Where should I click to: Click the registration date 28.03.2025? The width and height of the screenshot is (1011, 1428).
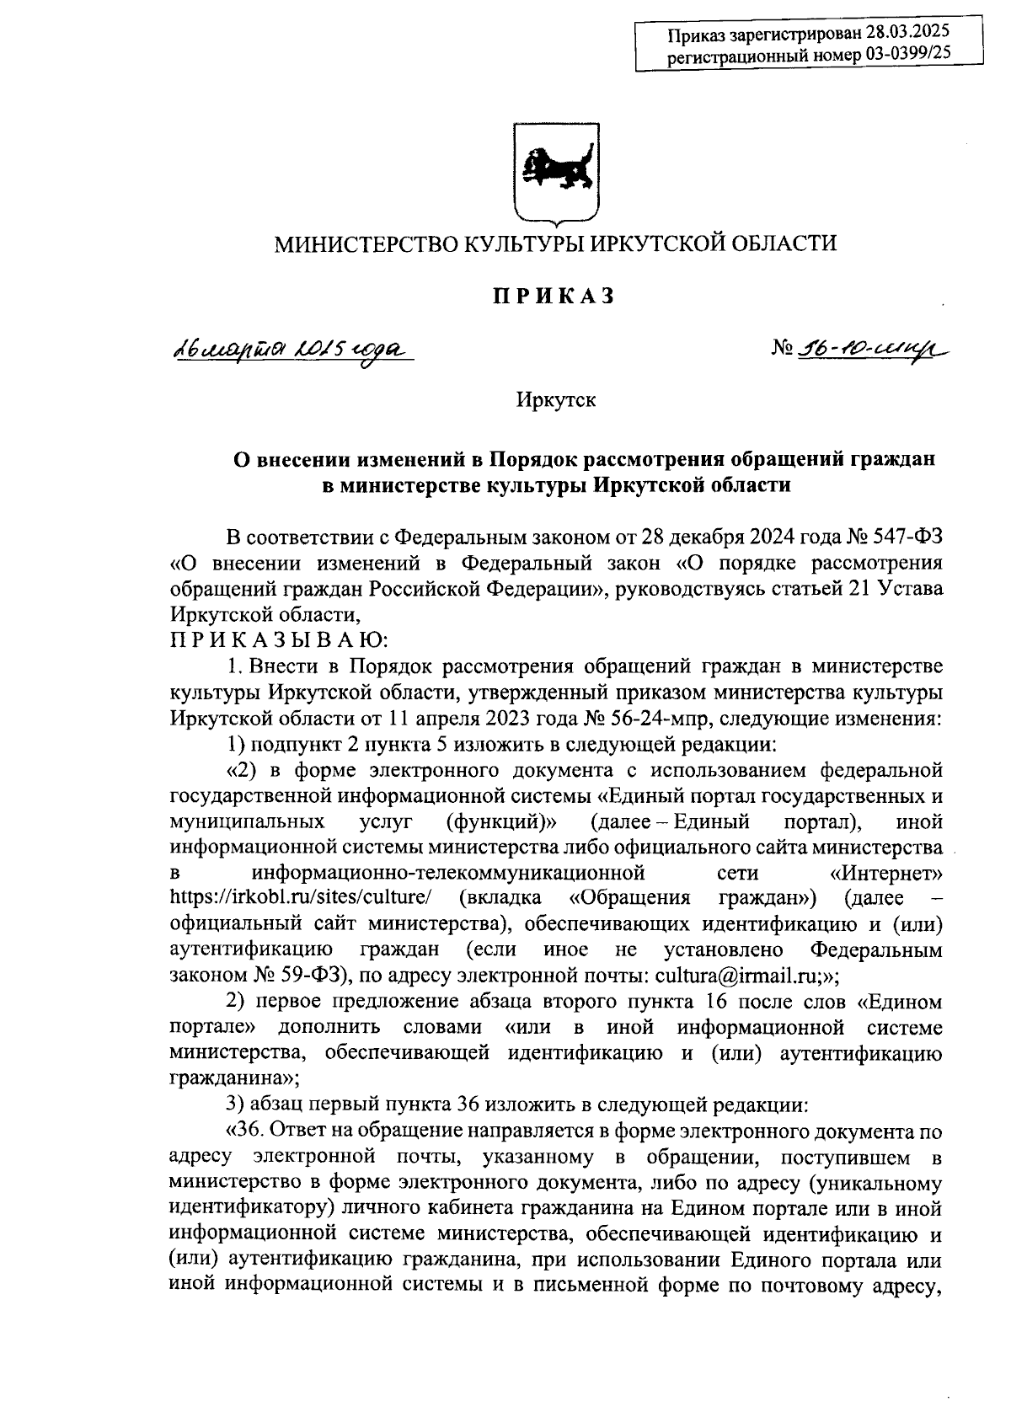907,34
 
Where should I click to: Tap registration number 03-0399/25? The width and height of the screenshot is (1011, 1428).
901,56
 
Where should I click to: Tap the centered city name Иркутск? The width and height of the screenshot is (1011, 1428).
556,399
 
